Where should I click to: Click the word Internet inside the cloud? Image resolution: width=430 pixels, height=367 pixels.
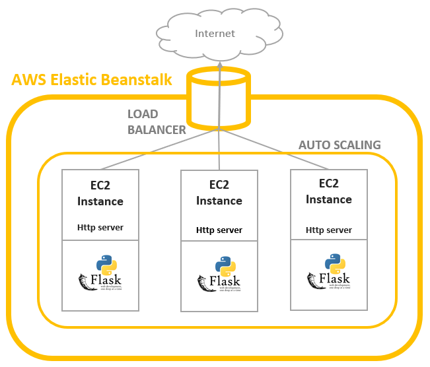pos(215,33)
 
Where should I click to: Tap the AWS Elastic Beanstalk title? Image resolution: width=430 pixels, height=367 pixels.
pos(92,81)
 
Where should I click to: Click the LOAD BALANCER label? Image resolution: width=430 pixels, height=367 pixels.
pos(157,122)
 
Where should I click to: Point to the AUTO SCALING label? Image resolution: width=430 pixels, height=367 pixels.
pos(340,145)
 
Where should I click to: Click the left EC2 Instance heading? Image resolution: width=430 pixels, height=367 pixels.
pos(100,193)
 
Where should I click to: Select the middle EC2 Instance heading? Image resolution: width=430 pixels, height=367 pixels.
pos(219,193)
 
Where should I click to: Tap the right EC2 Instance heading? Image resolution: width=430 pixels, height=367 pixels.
pos(329,192)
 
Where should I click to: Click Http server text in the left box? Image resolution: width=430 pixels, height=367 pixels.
pos(100,228)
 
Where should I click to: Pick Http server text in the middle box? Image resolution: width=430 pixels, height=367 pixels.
pos(219,230)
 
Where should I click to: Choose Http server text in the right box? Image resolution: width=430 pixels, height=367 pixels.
pos(329,230)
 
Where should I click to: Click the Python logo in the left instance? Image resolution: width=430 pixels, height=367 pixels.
pos(107,265)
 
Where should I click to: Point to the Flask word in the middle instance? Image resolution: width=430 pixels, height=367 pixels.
pos(229,283)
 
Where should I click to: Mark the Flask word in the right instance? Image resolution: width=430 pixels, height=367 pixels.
pos(339,280)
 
